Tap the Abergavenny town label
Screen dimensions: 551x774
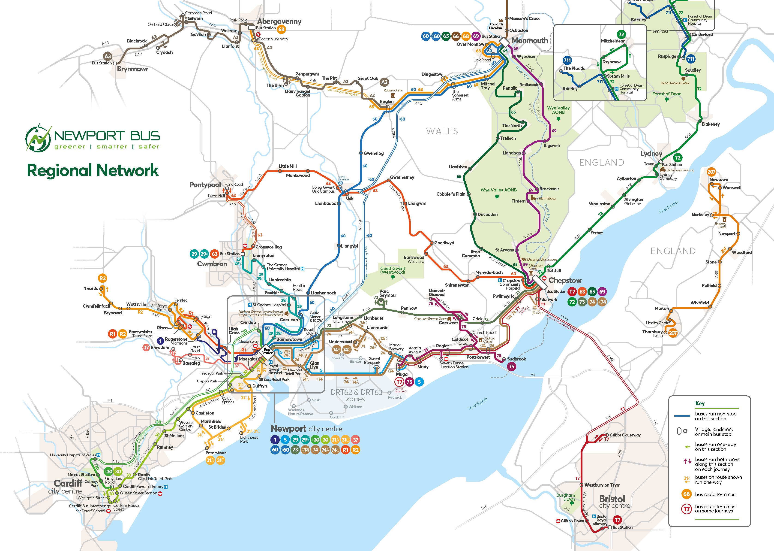point(279,21)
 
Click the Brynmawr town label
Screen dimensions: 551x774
point(132,69)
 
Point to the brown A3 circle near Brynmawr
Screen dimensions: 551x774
point(108,56)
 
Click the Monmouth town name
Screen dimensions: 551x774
point(530,40)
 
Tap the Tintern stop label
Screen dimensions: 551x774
point(518,201)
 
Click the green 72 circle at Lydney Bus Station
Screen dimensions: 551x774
point(677,158)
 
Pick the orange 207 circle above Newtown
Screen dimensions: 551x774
point(711,172)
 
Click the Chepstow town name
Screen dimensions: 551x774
point(565,281)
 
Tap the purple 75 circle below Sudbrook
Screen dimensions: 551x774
point(511,366)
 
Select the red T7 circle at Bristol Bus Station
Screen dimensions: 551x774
point(617,520)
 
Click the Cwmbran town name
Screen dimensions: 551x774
point(212,264)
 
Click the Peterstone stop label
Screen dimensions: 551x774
point(216,453)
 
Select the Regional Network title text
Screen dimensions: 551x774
point(93,170)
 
